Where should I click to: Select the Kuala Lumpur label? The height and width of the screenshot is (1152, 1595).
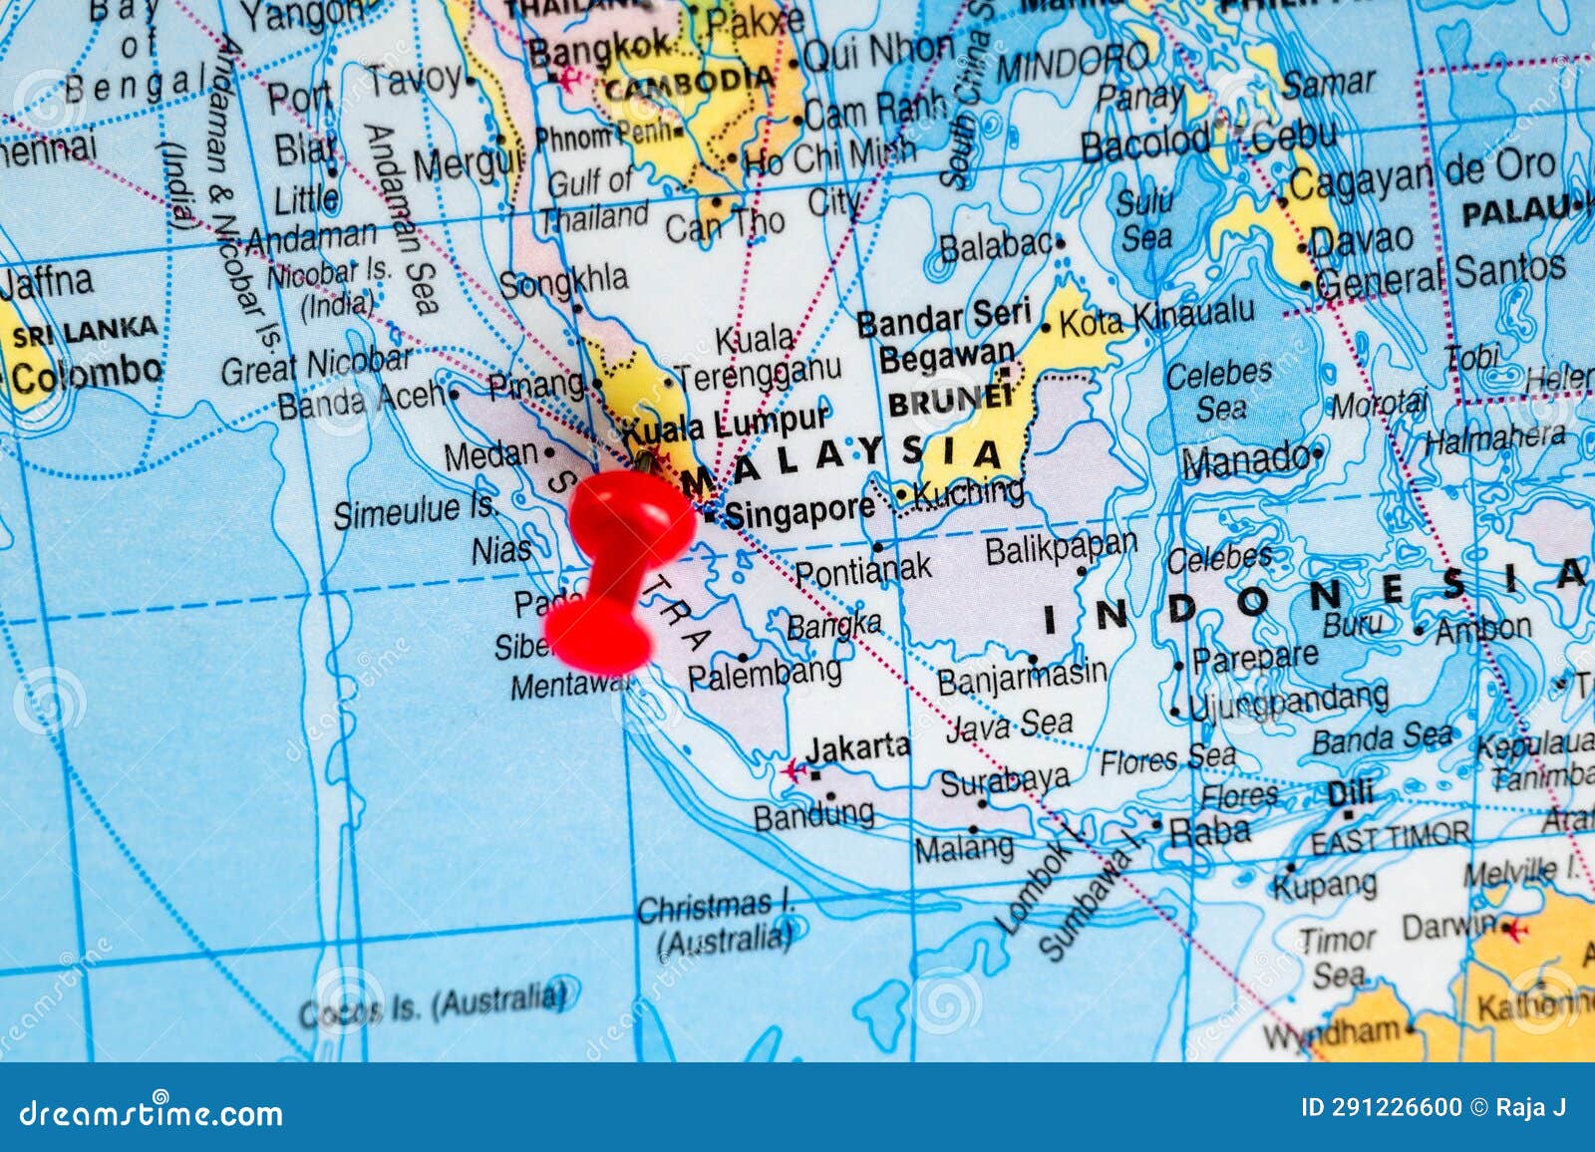726,425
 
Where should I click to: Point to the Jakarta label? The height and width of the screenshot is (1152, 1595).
857,747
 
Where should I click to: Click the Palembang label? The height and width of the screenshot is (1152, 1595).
765,674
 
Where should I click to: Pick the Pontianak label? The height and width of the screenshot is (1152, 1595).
862,570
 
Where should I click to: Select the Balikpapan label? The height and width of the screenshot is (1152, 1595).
1061,547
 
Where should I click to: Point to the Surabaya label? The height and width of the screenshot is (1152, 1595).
1005,780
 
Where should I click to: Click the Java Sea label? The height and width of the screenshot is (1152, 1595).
1009,725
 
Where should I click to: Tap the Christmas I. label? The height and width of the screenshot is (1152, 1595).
714,907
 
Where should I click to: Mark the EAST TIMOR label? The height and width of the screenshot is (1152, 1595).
1390,839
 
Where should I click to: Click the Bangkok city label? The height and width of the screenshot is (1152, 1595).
600,46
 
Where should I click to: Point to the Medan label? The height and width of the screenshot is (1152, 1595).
490,455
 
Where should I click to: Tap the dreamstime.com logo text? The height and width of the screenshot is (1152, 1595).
151,1112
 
